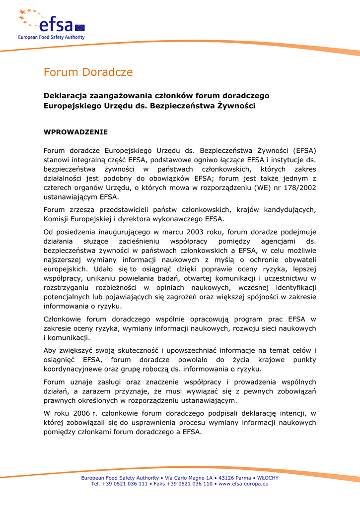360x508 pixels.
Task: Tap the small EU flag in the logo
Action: pyautogui.click(x=80, y=27)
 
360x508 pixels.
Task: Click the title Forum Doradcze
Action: pyautogui.click(x=88, y=72)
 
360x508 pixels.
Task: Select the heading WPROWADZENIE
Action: pyautogui.click(x=75, y=132)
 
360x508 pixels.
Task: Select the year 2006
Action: pyautogui.click(x=75, y=413)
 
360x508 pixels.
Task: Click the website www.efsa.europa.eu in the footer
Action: pyautogui.click(x=243, y=484)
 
